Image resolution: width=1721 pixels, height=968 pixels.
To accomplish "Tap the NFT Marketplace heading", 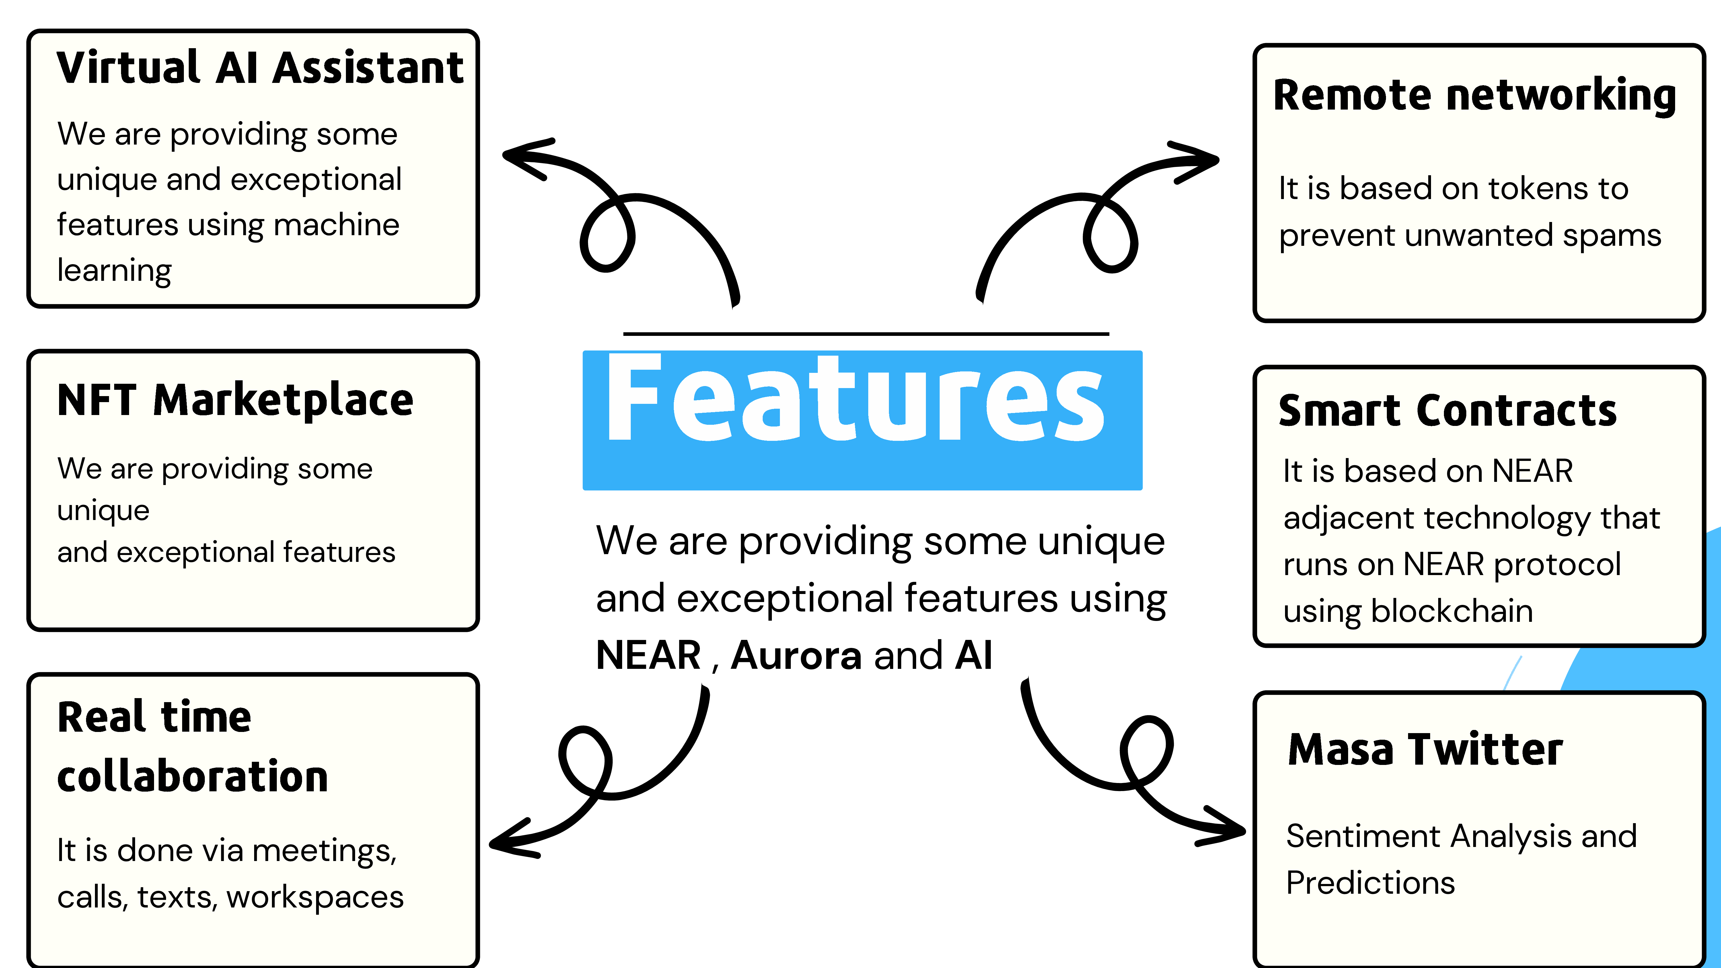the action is coord(235,401).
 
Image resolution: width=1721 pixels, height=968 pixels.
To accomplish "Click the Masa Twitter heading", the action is coord(1425,749).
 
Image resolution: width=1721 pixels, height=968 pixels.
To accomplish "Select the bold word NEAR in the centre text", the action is coord(648,655).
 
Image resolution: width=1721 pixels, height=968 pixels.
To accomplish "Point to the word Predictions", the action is coord(1370,883).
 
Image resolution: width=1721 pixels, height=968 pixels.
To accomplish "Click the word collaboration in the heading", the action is coord(192,777).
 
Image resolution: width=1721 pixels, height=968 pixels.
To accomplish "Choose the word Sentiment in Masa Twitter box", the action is coord(1360,836).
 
